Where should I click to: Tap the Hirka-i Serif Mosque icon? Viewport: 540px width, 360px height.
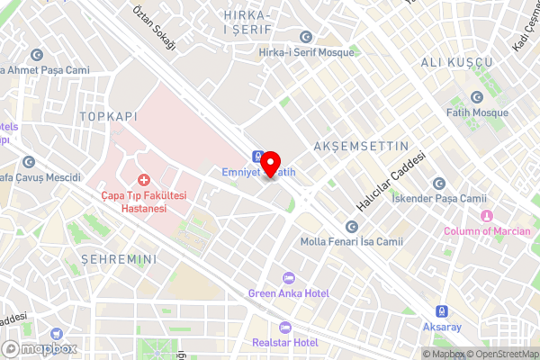pos(306,37)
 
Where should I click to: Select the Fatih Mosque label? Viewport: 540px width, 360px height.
pos(477,112)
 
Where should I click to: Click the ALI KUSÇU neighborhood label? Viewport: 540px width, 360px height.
pos(457,61)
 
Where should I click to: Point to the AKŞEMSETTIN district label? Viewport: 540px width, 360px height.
pos(360,146)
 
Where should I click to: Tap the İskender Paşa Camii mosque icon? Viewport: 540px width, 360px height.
pos(439,183)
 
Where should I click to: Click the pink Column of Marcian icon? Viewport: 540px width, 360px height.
pos(487,216)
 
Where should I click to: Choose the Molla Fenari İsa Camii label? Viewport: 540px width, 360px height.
pos(364,241)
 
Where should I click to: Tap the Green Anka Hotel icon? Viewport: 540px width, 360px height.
pos(288,278)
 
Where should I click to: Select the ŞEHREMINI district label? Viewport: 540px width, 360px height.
pos(119,259)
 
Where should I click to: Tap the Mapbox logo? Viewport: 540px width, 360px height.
pos(38,348)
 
